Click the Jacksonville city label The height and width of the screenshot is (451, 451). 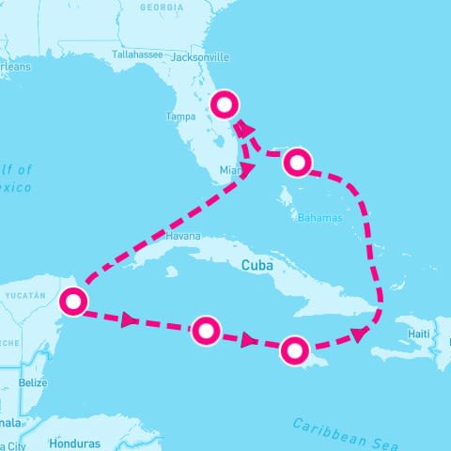point(199,56)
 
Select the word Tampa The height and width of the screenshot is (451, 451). point(179,117)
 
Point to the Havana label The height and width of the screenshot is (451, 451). point(182,237)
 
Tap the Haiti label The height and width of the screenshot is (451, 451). point(420,334)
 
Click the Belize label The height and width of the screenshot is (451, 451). point(33,382)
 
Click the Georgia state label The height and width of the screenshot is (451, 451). point(161,7)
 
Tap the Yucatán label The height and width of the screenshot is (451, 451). point(23,295)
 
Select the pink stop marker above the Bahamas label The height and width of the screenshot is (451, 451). point(297,163)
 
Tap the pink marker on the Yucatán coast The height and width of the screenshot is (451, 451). point(72,302)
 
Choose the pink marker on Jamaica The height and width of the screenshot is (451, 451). point(294,350)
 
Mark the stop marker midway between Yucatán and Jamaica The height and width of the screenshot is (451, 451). point(206,330)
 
